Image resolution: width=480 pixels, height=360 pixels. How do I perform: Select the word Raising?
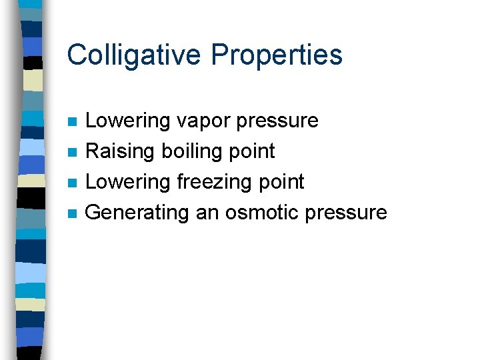[121, 151]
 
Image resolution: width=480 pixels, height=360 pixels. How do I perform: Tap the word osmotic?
[261, 213]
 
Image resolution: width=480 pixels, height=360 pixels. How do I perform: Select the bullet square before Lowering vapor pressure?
[73, 122]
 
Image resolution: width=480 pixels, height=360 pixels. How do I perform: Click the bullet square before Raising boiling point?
[73, 153]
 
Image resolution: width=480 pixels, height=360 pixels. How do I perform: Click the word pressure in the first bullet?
[279, 121]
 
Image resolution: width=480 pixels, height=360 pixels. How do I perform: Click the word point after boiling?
[252, 151]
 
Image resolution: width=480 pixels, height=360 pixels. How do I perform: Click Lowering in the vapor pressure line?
[129, 121]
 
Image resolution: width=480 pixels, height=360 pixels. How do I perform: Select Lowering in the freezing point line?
[129, 182]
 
